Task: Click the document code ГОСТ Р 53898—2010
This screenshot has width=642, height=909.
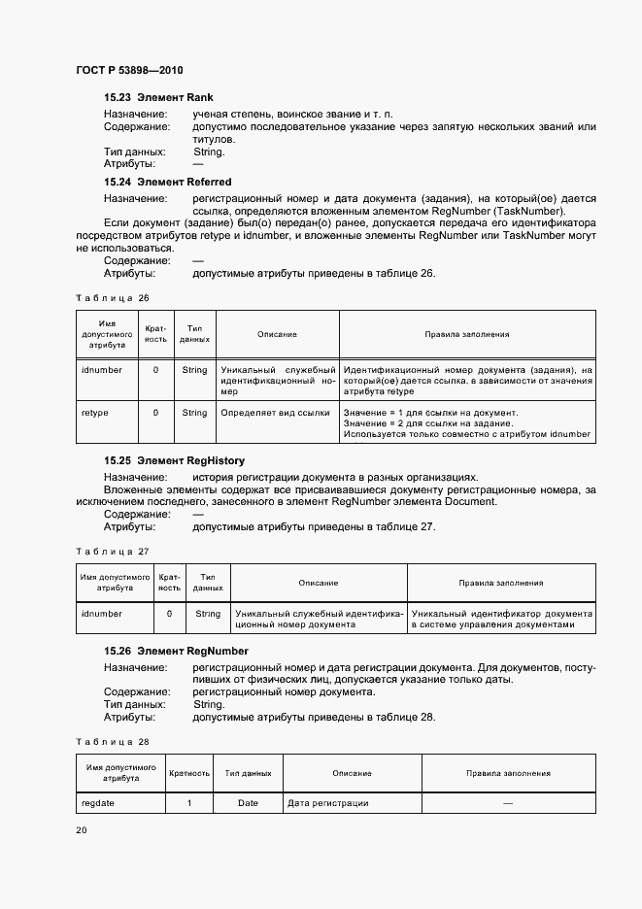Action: [128, 71]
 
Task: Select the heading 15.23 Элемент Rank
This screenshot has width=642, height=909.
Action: [158, 98]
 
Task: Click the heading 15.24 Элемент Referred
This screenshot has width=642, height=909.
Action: [167, 182]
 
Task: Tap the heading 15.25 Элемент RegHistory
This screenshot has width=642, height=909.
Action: [174, 460]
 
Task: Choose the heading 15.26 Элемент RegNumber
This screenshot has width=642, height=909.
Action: [176, 651]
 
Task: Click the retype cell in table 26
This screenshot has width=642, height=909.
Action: [95, 413]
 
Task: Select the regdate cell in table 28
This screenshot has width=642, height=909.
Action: [98, 803]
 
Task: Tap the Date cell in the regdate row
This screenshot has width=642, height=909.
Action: [248, 803]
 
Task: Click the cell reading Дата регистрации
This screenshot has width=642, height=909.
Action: [327, 803]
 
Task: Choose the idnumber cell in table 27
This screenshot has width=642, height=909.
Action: [102, 614]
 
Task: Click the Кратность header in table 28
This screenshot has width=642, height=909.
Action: [189, 773]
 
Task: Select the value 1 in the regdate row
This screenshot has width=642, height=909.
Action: [189, 803]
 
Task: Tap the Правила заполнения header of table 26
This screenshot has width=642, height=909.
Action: [466, 334]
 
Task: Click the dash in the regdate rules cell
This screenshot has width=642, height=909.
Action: [507, 803]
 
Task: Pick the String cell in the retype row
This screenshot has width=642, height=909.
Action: [194, 413]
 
